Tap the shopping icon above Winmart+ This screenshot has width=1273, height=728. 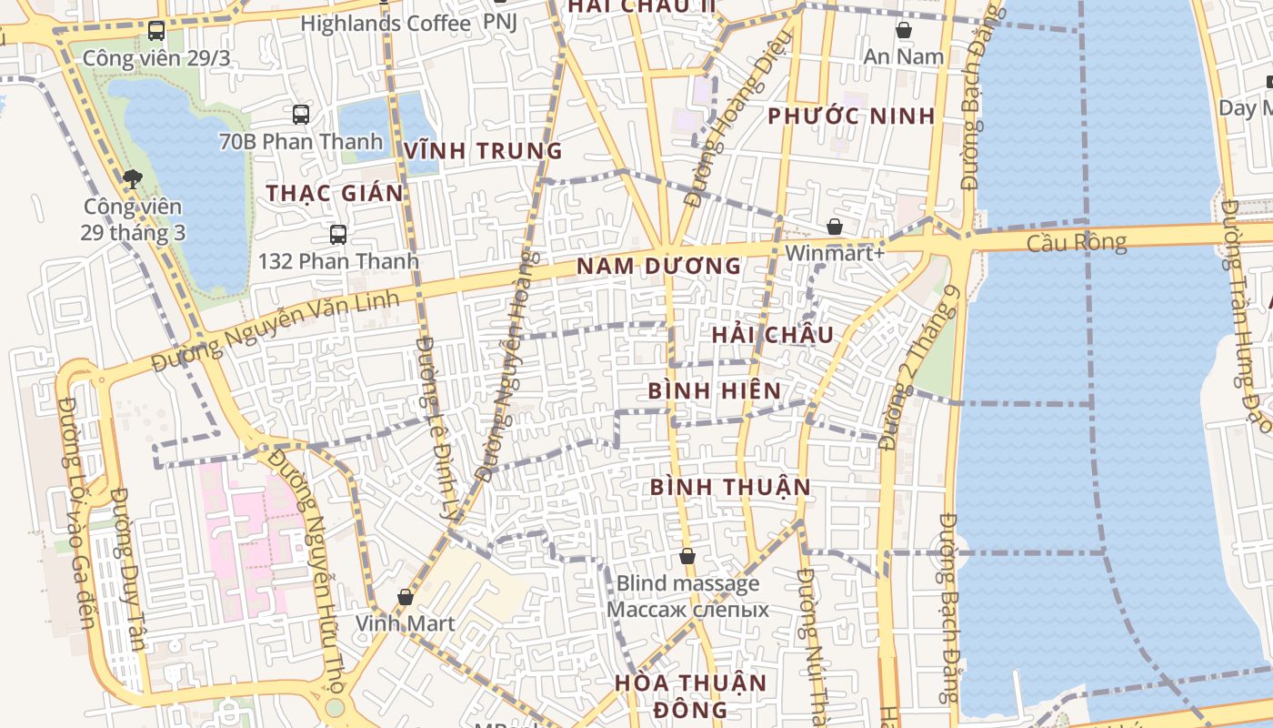[835, 227]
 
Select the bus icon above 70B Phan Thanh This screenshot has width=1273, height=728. [301, 115]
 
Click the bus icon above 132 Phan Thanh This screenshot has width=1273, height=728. [338, 234]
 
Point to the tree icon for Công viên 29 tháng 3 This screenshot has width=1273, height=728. [133, 178]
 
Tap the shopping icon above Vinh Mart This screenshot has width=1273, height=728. [406, 597]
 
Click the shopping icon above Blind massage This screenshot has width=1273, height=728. [687, 555]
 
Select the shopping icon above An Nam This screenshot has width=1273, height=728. [904, 30]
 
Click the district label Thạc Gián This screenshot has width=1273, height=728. [335, 193]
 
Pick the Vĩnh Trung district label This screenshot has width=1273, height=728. [484, 151]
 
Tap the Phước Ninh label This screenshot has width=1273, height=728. [851, 116]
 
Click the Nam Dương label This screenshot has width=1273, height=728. [659, 267]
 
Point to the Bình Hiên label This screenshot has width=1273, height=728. [714, 391]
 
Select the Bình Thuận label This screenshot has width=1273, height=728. [730, 487]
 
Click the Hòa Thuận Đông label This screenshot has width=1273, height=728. [689, 695]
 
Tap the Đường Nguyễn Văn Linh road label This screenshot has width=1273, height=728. [275, 331]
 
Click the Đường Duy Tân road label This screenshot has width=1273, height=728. [128, 569]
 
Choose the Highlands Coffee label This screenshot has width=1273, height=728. [386, 24]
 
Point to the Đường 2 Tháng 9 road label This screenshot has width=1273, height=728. [920, 368]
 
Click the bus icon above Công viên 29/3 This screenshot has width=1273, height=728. [156, 31]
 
